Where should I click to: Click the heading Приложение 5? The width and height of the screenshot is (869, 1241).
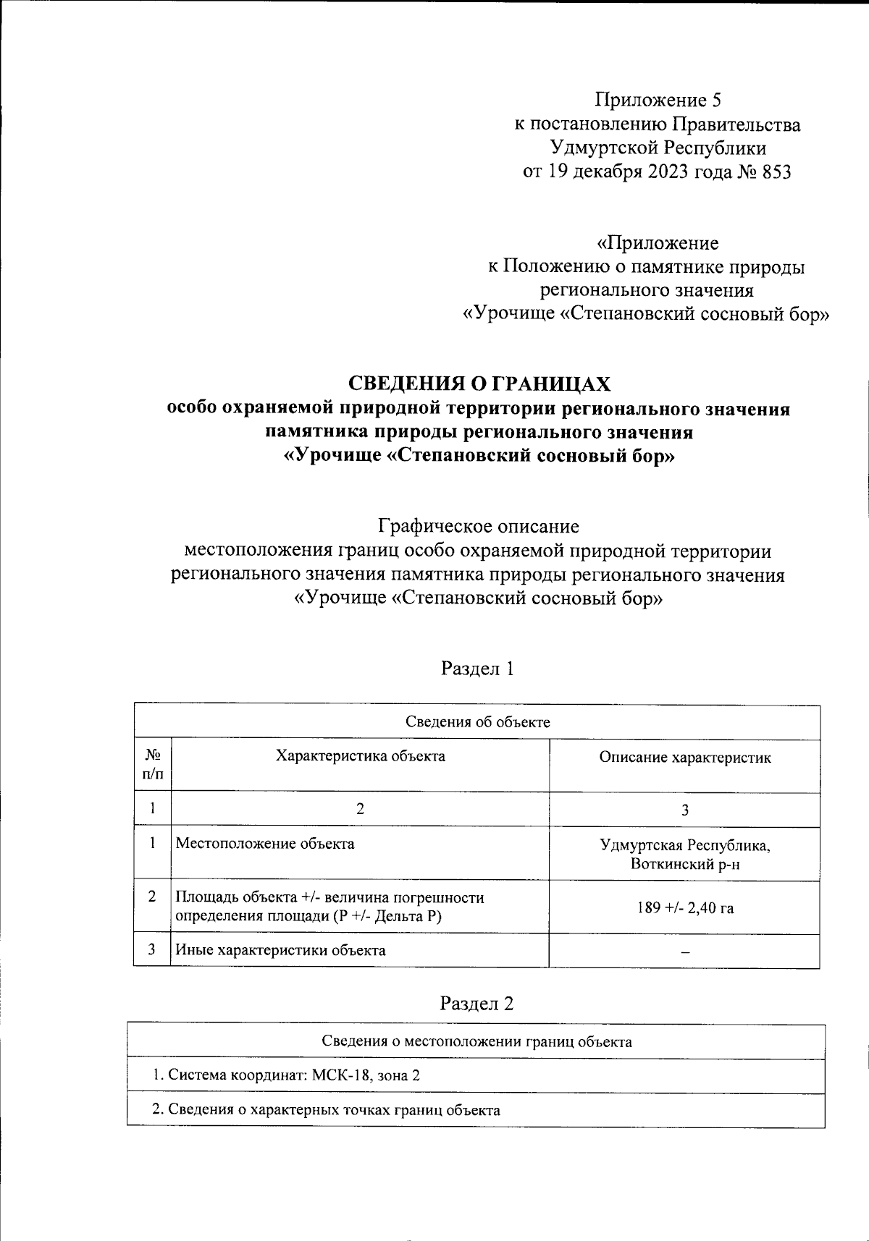pyautogui.click(x=658, y=100)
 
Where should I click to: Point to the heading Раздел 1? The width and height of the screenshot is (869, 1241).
pyautogui.click(x=477, y=669)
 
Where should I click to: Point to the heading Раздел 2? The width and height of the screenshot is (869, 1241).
pyautogui.click(x=477, y=1004)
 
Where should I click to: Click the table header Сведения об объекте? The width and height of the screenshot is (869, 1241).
pyautogui.click(x=477, y=722)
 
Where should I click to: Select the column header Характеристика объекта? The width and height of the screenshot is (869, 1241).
pyautogui.click(x=360, y=756)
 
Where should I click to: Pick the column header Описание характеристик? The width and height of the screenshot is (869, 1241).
pyautogui.click(x=684, y=758)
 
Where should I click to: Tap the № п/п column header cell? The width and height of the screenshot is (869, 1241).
pyautogui.click(x=153, y=764)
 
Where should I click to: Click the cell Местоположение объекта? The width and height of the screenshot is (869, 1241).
pyautogui.click(x=266, y=844)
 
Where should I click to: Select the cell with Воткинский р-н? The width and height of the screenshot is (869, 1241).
pyautogui.click(x=684, y=864)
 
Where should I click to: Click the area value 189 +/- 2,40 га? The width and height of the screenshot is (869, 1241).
pyautogui.click(x=684, y=907)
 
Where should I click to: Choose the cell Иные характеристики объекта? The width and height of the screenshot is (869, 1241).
pyautogui.click(x=281, y=950)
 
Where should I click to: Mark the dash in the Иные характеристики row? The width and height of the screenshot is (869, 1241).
pyautogui.click(x=684, y=952)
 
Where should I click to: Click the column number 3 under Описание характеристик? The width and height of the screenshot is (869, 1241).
pyautogui.click(x=684, y=810)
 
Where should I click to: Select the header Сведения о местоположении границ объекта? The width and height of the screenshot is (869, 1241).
pyautogui.click(x=477, y=1042)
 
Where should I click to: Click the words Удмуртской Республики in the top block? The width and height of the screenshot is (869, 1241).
pyautogui.click(x=658, y=148)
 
